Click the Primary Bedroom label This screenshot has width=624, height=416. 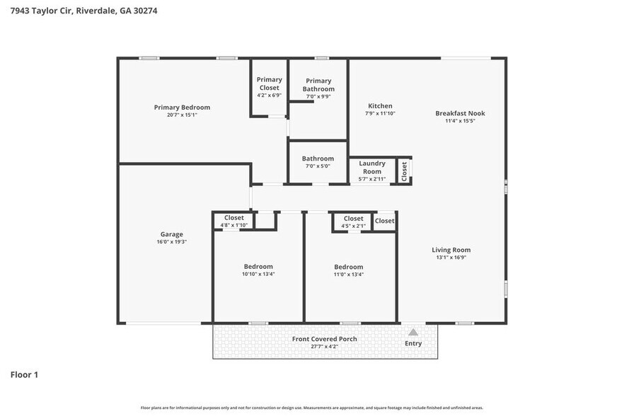click(182, 108)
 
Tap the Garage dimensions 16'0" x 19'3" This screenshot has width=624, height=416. click(171, 242)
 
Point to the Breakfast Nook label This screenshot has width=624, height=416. click(460, 113)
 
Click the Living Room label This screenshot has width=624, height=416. click(451, 250)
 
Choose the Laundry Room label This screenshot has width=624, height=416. click(371, 167)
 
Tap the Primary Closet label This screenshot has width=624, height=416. click(269, 83)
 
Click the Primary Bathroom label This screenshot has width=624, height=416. click(318, 85)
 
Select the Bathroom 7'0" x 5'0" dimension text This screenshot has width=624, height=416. click(318, 167)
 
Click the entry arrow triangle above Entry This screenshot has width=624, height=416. click(413, 331)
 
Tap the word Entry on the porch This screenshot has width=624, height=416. click(413, 344)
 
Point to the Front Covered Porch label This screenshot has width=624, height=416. click(324, 339)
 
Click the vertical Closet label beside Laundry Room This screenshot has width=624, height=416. click(405, 171)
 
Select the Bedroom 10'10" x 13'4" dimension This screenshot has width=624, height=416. click(258, 274)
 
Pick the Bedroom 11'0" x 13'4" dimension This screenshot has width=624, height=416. click(349, 275)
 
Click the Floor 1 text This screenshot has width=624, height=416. click(24, 374)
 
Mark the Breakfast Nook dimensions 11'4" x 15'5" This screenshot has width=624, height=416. click(460, 121)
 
